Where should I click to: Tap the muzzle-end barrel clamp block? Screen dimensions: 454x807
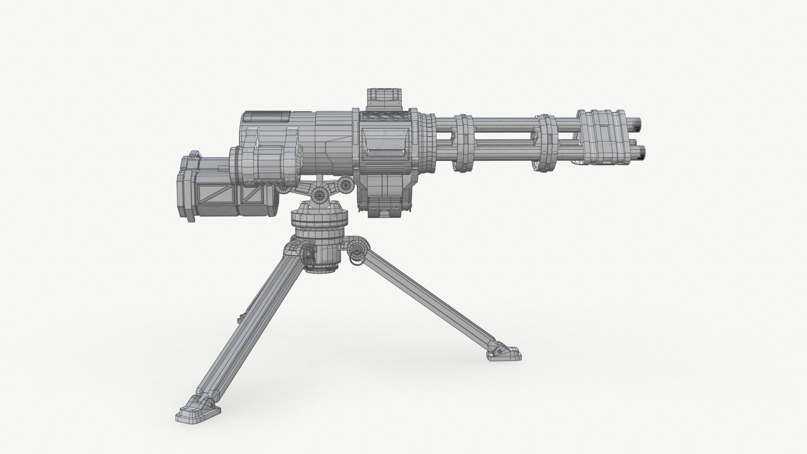[x=601, y=137]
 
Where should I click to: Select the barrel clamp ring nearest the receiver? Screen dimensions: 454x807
[x=465, y=143]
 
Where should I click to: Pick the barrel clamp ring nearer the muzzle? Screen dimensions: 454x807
[x=546, y=143]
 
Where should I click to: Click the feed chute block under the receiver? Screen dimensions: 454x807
[x=384, y=195]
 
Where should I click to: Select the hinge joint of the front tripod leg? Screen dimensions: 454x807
[x=357, y=252]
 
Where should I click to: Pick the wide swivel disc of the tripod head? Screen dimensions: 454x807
[x=319, y=219]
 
